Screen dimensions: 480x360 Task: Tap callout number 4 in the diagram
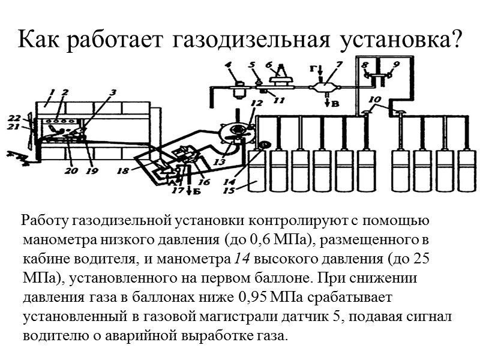tap(228, 64)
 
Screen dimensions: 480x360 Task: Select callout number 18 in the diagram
tap(123, 171)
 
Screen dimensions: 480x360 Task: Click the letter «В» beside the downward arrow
tap(335, 104)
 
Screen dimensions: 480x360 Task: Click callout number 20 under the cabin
tap(72, 170)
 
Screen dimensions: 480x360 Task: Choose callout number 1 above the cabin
tap(53, 92)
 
